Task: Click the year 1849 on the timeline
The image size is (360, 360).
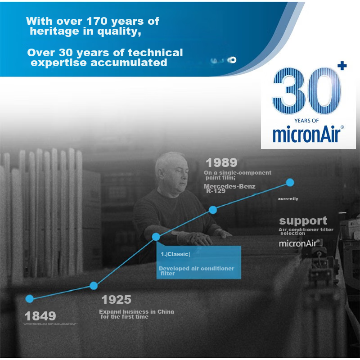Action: click(40, 316)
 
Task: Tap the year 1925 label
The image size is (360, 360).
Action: click(116, 300)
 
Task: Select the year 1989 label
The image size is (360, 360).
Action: click(221, 162)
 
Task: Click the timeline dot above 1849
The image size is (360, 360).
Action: click(30, 298)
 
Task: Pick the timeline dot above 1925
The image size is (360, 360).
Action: click(94, 285)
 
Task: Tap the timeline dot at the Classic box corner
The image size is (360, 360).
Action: click(156, 237)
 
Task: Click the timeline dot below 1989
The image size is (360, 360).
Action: click(213, 210)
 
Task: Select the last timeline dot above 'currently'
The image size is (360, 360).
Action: click(290, 182)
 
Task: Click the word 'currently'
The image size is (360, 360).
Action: click(288, 199)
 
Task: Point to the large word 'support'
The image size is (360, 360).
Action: click(303, 221)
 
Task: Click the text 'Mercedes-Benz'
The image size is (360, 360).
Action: click(229, 186)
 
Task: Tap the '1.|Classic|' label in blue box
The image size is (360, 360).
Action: click(175, 254)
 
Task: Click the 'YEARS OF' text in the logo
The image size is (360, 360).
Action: click(306, 121)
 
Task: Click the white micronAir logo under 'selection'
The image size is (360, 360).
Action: click(299, 243)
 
